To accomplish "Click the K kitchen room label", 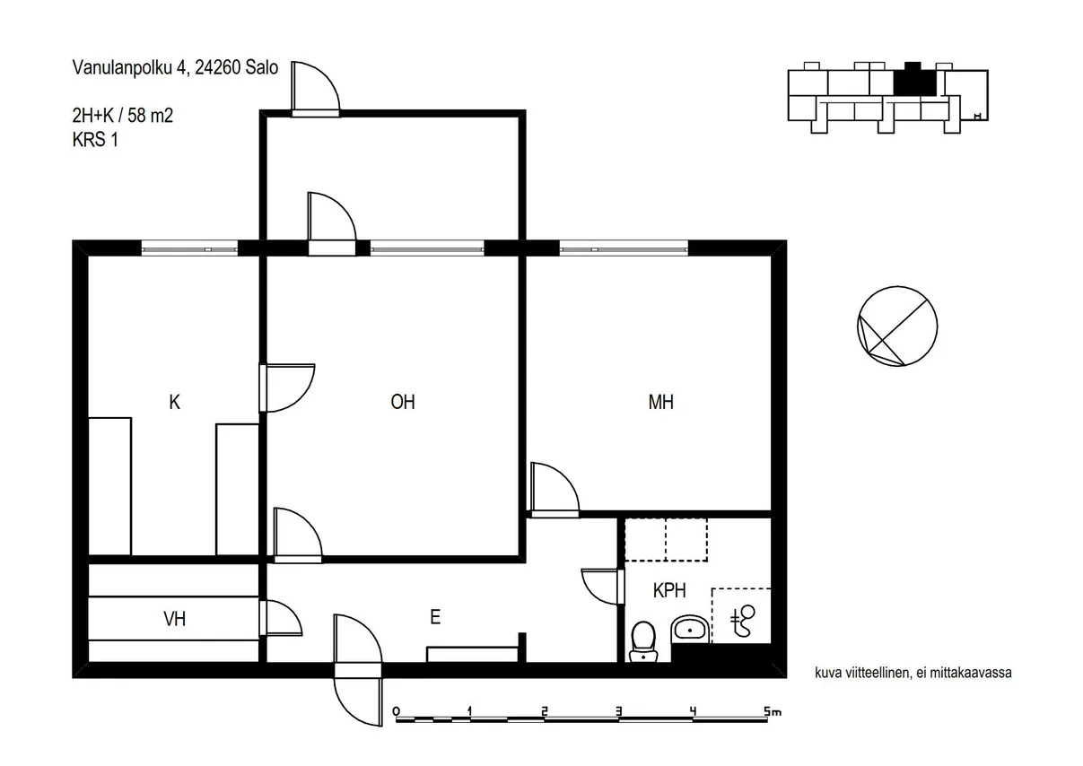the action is (x=175, y=402).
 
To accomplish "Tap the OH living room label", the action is (x=403, y=402).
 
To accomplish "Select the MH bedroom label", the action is (x=660, y=402).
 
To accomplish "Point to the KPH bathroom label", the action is (x=669, y=590).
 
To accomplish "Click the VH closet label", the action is (x=175, y=619).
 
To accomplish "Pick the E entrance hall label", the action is (x=435, y=617).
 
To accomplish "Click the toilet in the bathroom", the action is (x=643, y=641).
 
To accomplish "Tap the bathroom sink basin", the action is (x=690, y=630).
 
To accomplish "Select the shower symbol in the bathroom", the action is (x=742, y=621).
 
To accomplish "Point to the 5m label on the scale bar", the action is (x=773, y=711).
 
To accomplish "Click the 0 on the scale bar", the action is (x=397, y=711).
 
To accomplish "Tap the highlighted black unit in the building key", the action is (x=914, y=81).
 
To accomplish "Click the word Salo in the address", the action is (x=261, y=67).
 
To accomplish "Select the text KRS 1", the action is (x=95, y=140).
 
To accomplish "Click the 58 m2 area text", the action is (x=150, y=116).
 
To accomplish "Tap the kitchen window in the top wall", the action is (x=189, y=248).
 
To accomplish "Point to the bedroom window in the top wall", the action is (x=624, y=248).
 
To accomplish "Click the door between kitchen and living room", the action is (x=287, y=388).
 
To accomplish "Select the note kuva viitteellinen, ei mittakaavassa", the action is (x=913, y=673).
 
